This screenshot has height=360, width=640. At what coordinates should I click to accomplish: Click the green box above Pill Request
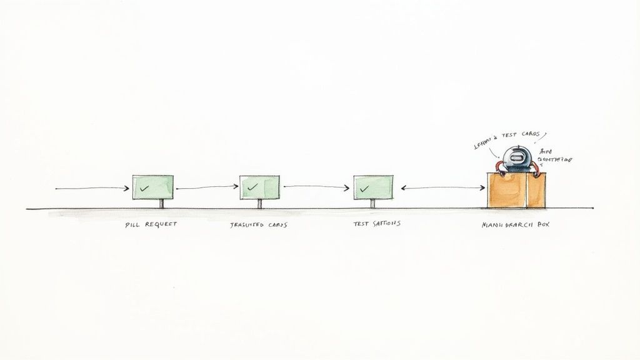[152, 187]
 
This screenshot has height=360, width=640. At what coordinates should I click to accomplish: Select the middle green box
[259, 187]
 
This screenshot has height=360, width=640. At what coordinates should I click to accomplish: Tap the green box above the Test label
[373, 187]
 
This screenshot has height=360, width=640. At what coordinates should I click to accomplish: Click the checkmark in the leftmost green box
[144, 187]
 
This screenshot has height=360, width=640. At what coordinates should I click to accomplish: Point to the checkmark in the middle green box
[252, 187]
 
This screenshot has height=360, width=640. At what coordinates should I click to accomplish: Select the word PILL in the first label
[131, 224]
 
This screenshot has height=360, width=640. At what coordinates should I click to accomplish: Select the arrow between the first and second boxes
[206, 187]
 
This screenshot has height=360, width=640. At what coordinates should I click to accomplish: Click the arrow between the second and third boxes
[316, 187]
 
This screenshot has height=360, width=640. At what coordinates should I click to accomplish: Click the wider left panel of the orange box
[506, 190]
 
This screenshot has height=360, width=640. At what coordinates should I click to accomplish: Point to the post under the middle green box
[260, 204]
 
